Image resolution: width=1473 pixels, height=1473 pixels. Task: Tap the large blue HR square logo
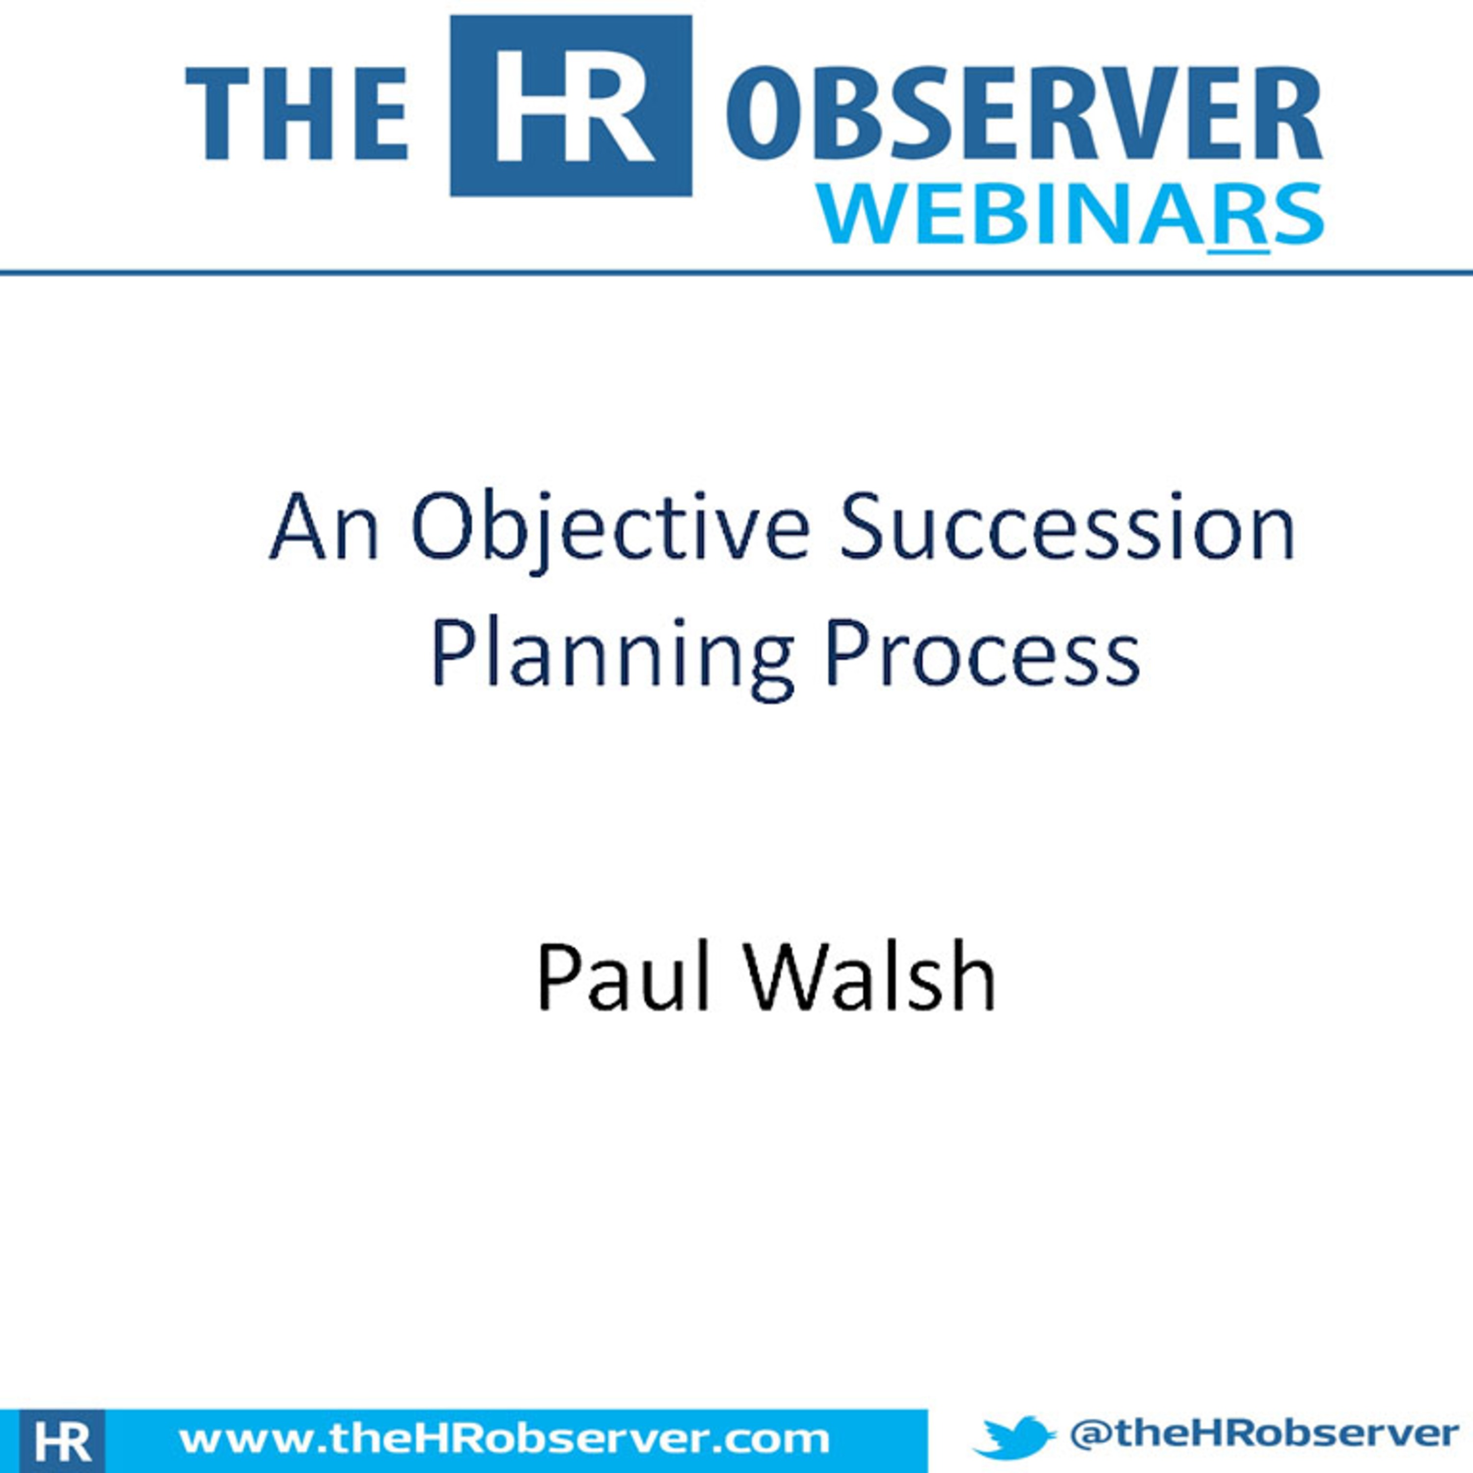pyautogui.click(x=571, y=106)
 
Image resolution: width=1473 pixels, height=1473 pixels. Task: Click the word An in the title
pyautogui.click(x=325, y=528)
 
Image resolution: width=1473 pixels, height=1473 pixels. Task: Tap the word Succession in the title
pyautogui.click(x=1067, y=528)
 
